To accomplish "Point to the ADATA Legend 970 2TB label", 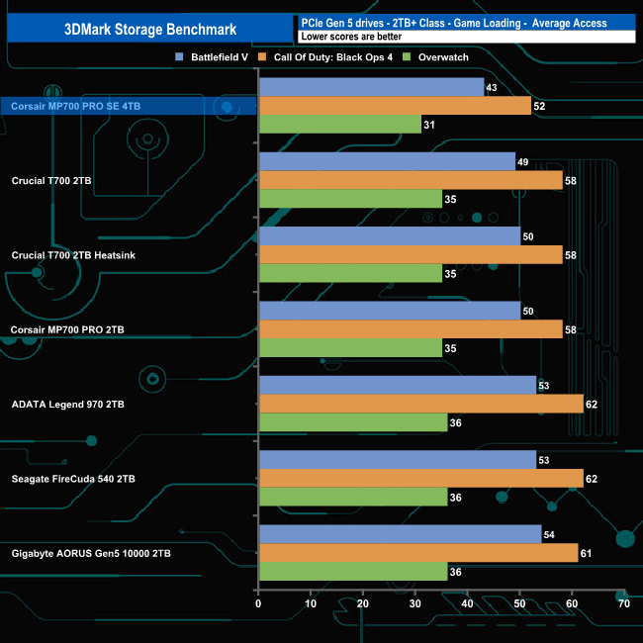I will (x=68, y=404).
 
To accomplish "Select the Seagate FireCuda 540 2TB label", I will (x=74, y=478).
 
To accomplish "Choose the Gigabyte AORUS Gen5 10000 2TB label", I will (x=91, y=553).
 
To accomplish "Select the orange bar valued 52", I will (x=395, y=106).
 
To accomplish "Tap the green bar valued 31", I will (x=339, y=124).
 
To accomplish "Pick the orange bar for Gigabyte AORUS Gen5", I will (x=417, y=553).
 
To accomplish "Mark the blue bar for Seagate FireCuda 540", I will (x=397, y=460).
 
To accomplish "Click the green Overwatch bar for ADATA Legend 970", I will (x=352, y=422).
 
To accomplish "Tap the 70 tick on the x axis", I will (x=623, y=603).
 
